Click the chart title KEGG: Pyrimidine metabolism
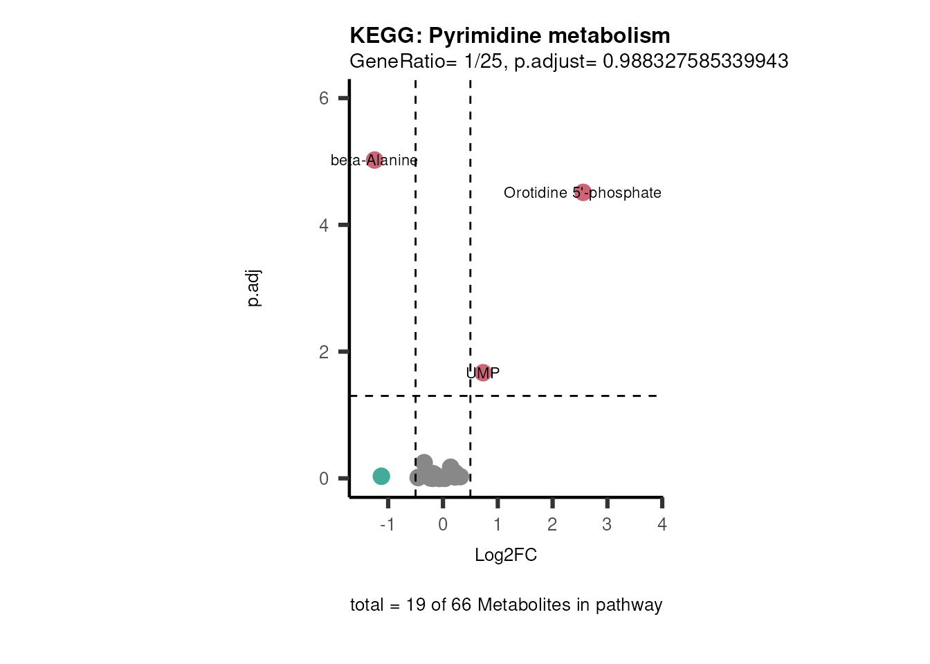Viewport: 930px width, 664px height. click(x=510, y=35)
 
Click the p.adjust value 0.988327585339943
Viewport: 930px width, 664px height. click(x=695, y=62)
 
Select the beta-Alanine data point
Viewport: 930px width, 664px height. click(x=374, y=160)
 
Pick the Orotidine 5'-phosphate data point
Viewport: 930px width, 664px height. click(x=583, y=192)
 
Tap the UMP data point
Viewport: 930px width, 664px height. click(x=483, y=373)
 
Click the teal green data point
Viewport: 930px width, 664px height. click(x=381, y=476)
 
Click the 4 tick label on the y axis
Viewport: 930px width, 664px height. click(x=324, y=225)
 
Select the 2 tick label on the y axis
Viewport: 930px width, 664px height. click(x=324, y=352)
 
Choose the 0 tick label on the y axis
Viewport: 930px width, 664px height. click(x=324, y=479)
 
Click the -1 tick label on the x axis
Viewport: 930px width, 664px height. click(x=387, y=525)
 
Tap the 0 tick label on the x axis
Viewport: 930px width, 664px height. click(x=443, y=525)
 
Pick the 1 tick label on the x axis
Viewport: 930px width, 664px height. click(x=498, y=525)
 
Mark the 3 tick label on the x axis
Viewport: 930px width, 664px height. click(x=607, y=525)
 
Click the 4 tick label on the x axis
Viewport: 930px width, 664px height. click(x=662, y=525)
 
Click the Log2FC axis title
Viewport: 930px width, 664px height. click(x=506, y=555)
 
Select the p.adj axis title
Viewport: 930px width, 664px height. click(x=254, y=288)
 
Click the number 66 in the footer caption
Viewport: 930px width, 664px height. click(x=461, y=605)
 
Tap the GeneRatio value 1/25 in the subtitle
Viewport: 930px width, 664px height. click(x=483, y=62)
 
